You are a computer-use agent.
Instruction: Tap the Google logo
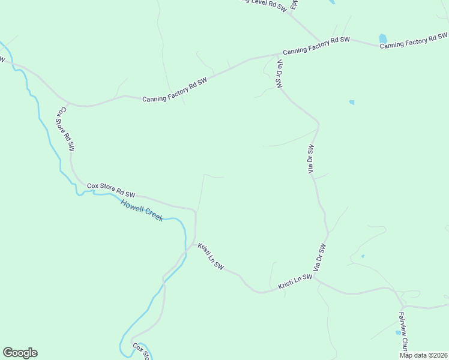pyautogui.click(x=20, y=353)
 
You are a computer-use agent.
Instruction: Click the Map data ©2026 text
pyautogui.click(x=423, y=355)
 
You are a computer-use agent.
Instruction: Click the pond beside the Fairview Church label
pyautogui.click(x=398, y=332)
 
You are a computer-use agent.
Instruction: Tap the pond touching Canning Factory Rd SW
pyautogui.click(x=382, y=39)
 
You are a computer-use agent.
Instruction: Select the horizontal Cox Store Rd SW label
pyautogui.click(x=111, y=190)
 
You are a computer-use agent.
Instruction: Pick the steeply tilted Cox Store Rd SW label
pyautogui.click(x=66, y=129)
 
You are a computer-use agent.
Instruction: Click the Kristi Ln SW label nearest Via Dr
pyautogui.click(x=295, y=283)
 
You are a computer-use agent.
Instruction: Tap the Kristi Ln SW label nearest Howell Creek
pyautogui.click(x=211, y=257)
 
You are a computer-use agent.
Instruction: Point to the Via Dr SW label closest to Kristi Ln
pyautogui.click(x=318, y=257)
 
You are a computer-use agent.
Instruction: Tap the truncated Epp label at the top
pyautogui.click(x=294, y=4)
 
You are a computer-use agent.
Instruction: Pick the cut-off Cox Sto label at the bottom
pyautogui.click(x=142, y=351)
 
